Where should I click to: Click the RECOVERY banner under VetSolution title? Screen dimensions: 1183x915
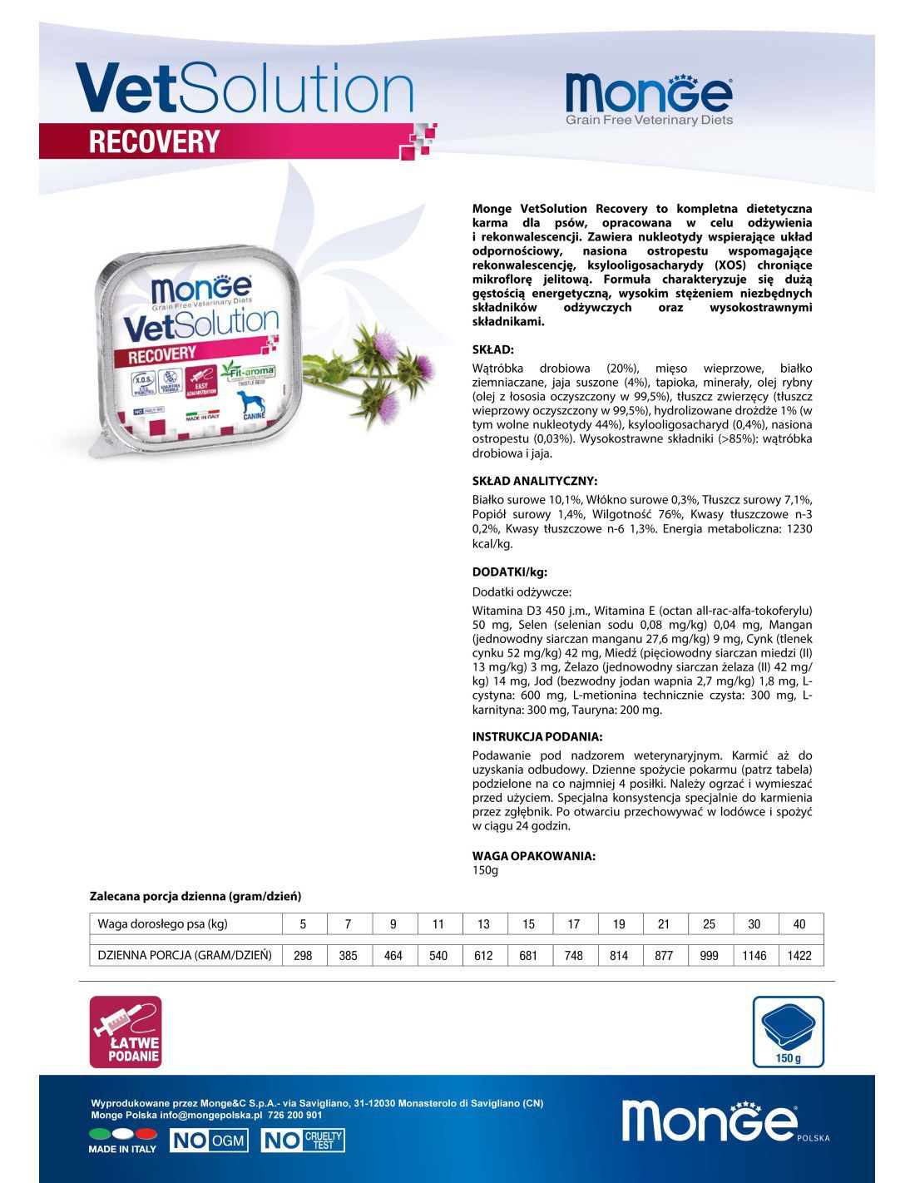tap(154, 141)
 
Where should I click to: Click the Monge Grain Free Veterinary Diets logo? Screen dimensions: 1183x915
tap(648, 99)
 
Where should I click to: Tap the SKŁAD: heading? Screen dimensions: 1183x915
tap(493, 350)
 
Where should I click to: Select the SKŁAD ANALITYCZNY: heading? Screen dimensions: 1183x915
tap(534, 481)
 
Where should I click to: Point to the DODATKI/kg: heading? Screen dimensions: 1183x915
tap(509, 572)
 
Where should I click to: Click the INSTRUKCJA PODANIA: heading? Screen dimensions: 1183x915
tap(537, 736)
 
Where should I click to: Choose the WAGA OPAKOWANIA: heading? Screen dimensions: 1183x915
tap(533, 855)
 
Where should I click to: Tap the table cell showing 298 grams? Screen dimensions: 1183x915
tap(303, 956)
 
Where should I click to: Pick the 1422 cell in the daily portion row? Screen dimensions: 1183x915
tap(799, 956)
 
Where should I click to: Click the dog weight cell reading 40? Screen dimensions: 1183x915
tap(799, 924)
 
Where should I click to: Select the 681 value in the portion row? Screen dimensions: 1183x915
tap(528, 956)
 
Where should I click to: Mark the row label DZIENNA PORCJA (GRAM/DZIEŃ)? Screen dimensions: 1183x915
tap(185, 955)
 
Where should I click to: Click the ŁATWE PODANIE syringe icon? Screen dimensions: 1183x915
tap(126, 1032)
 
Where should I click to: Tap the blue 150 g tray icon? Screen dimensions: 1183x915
tap(788, 1032)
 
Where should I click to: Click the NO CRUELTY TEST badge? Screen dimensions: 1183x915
tap(303, 1141)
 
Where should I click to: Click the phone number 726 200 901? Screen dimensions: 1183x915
tap(295, 1115)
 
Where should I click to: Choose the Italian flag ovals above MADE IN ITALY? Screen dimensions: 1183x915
tap(122, 1133)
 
